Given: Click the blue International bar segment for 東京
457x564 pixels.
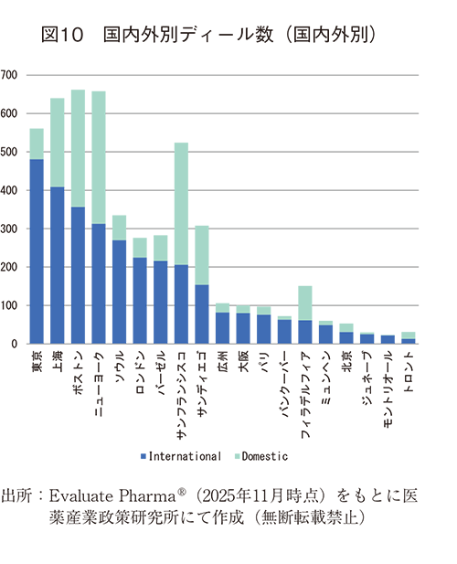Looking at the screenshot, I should click(37, 251).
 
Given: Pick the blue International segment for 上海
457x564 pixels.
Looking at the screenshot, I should click(57, 265).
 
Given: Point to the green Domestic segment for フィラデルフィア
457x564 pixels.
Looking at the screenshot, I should click(305, 303).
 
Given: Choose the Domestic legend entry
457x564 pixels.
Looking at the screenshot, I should click(265, 455).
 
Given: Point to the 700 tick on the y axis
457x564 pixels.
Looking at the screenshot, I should click(10, 75).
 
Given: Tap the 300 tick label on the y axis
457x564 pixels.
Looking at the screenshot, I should click(10, 229).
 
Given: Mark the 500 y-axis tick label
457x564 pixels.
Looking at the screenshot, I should click(10, 152).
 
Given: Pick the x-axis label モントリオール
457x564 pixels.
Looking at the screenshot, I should click(388, 389).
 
